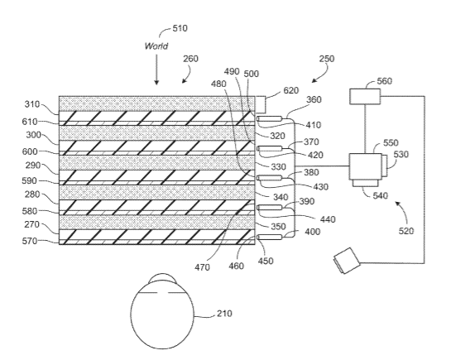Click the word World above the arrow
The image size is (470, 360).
pos(156,46)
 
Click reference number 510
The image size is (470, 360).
pos(180,28)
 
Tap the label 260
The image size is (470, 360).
pos(190,59)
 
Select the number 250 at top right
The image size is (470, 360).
pos(326,59)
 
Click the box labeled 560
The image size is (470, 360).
pos(365,96)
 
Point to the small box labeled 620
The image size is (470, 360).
pos(260,104)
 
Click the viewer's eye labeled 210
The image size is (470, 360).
pos(162,312)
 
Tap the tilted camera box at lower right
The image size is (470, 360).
pos(347,261)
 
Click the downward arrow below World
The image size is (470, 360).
pos(156,70)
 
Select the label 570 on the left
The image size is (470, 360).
pos(30,241)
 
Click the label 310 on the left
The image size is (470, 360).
pos(31,104)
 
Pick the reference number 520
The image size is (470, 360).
pos(406,231)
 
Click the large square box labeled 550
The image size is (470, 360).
pos(366,166)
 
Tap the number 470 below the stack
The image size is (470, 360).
pos(202,266)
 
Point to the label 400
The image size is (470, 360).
pos(312,232)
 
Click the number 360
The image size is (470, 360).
pos(314,99)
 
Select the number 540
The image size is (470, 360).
pos(380,195)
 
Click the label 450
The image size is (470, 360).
pos(266,261)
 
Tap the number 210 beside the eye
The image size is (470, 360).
pos(224,314)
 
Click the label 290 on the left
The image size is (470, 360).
pos(33,165)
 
